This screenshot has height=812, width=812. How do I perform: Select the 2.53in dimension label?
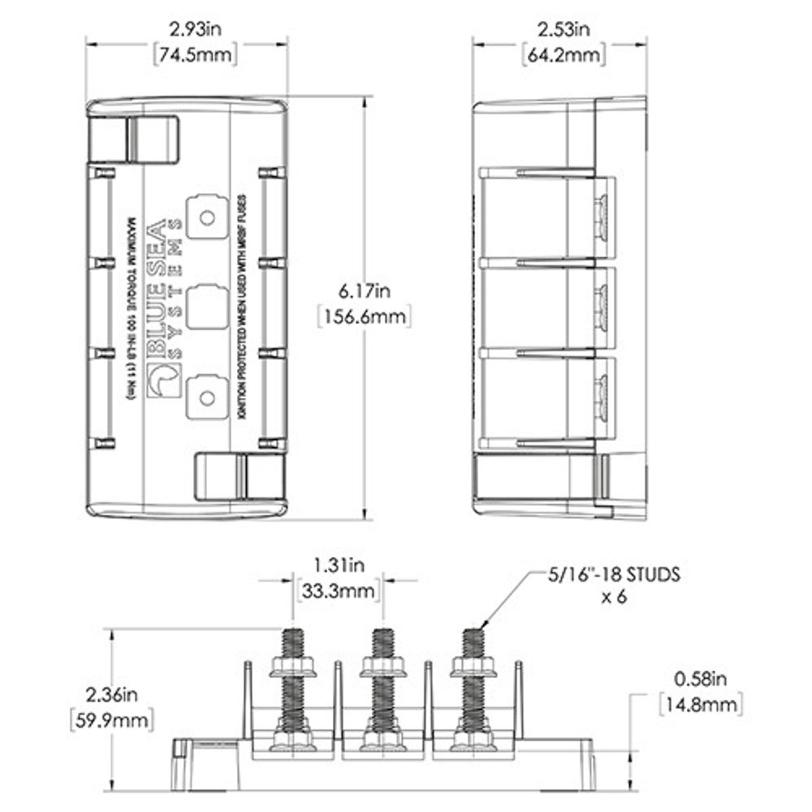coord(564,29)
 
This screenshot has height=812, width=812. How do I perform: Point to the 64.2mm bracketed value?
coord(564,54)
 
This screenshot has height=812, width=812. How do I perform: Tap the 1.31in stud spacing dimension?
coord(338,564)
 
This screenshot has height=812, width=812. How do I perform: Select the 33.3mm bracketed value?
coord(338,590)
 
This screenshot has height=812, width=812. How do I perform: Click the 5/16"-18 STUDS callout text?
coord(612,576)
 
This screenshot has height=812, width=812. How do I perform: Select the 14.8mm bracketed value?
coord(700,704)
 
